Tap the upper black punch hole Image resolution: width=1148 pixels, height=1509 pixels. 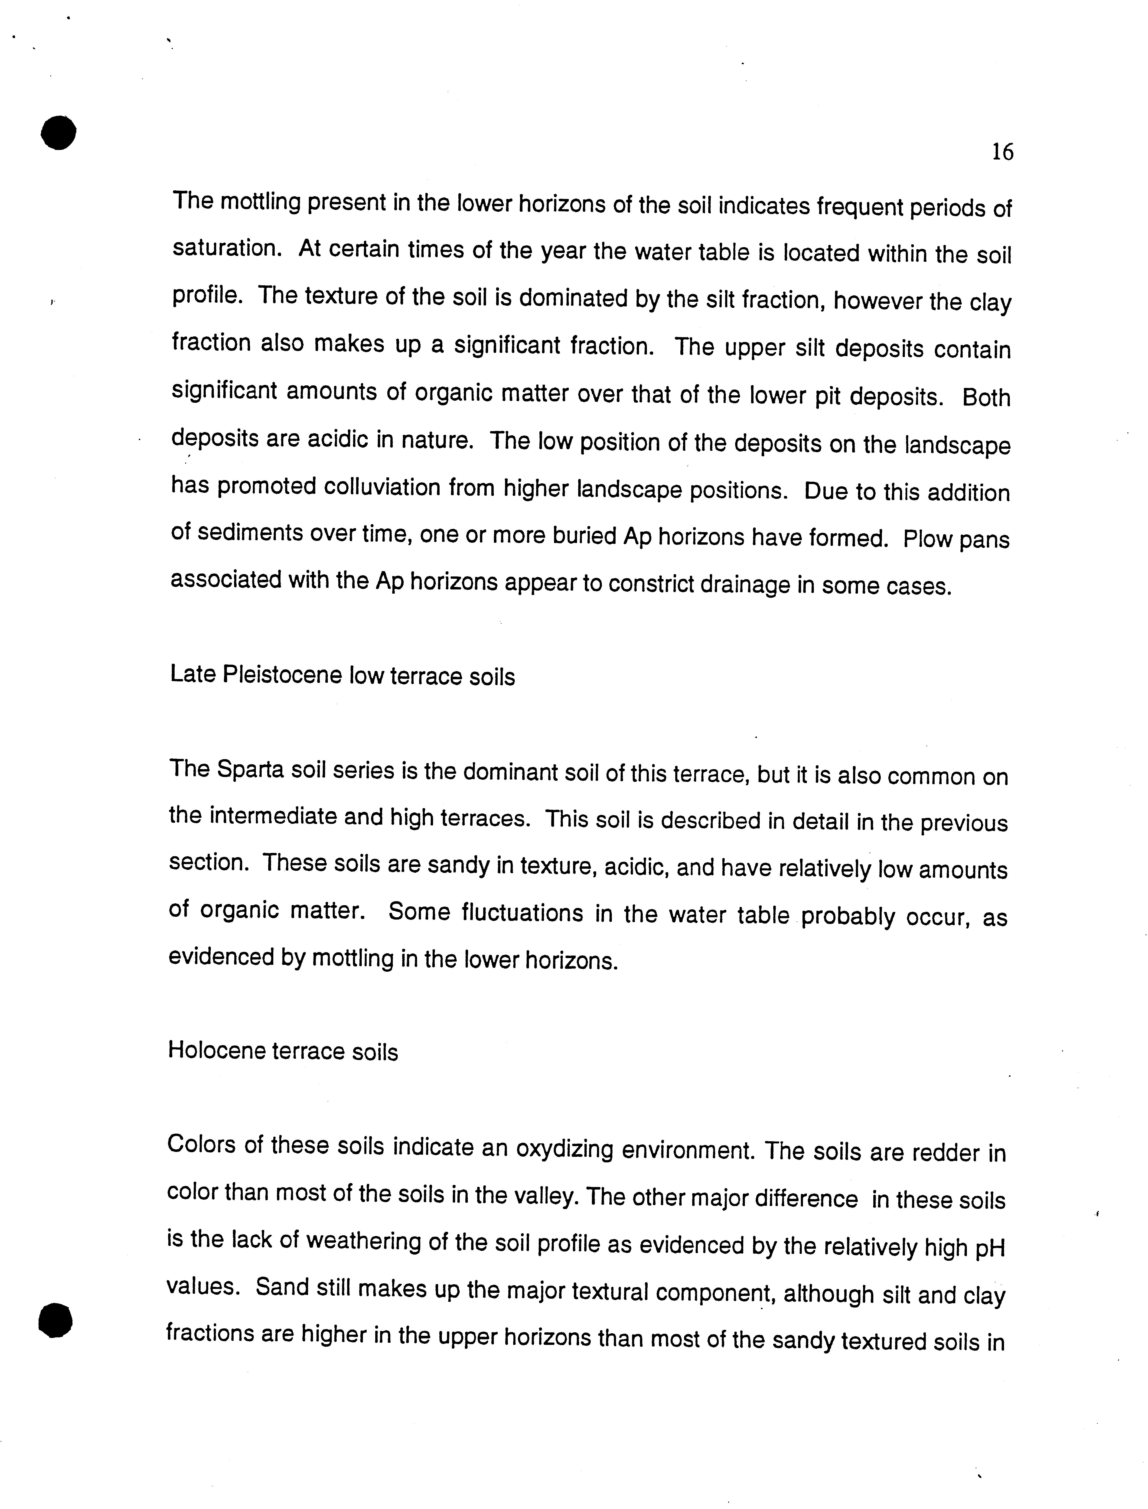pyautogui.click(x=58, y=133)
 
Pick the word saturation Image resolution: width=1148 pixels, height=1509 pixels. pyautogui.click(x=226, y=248)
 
